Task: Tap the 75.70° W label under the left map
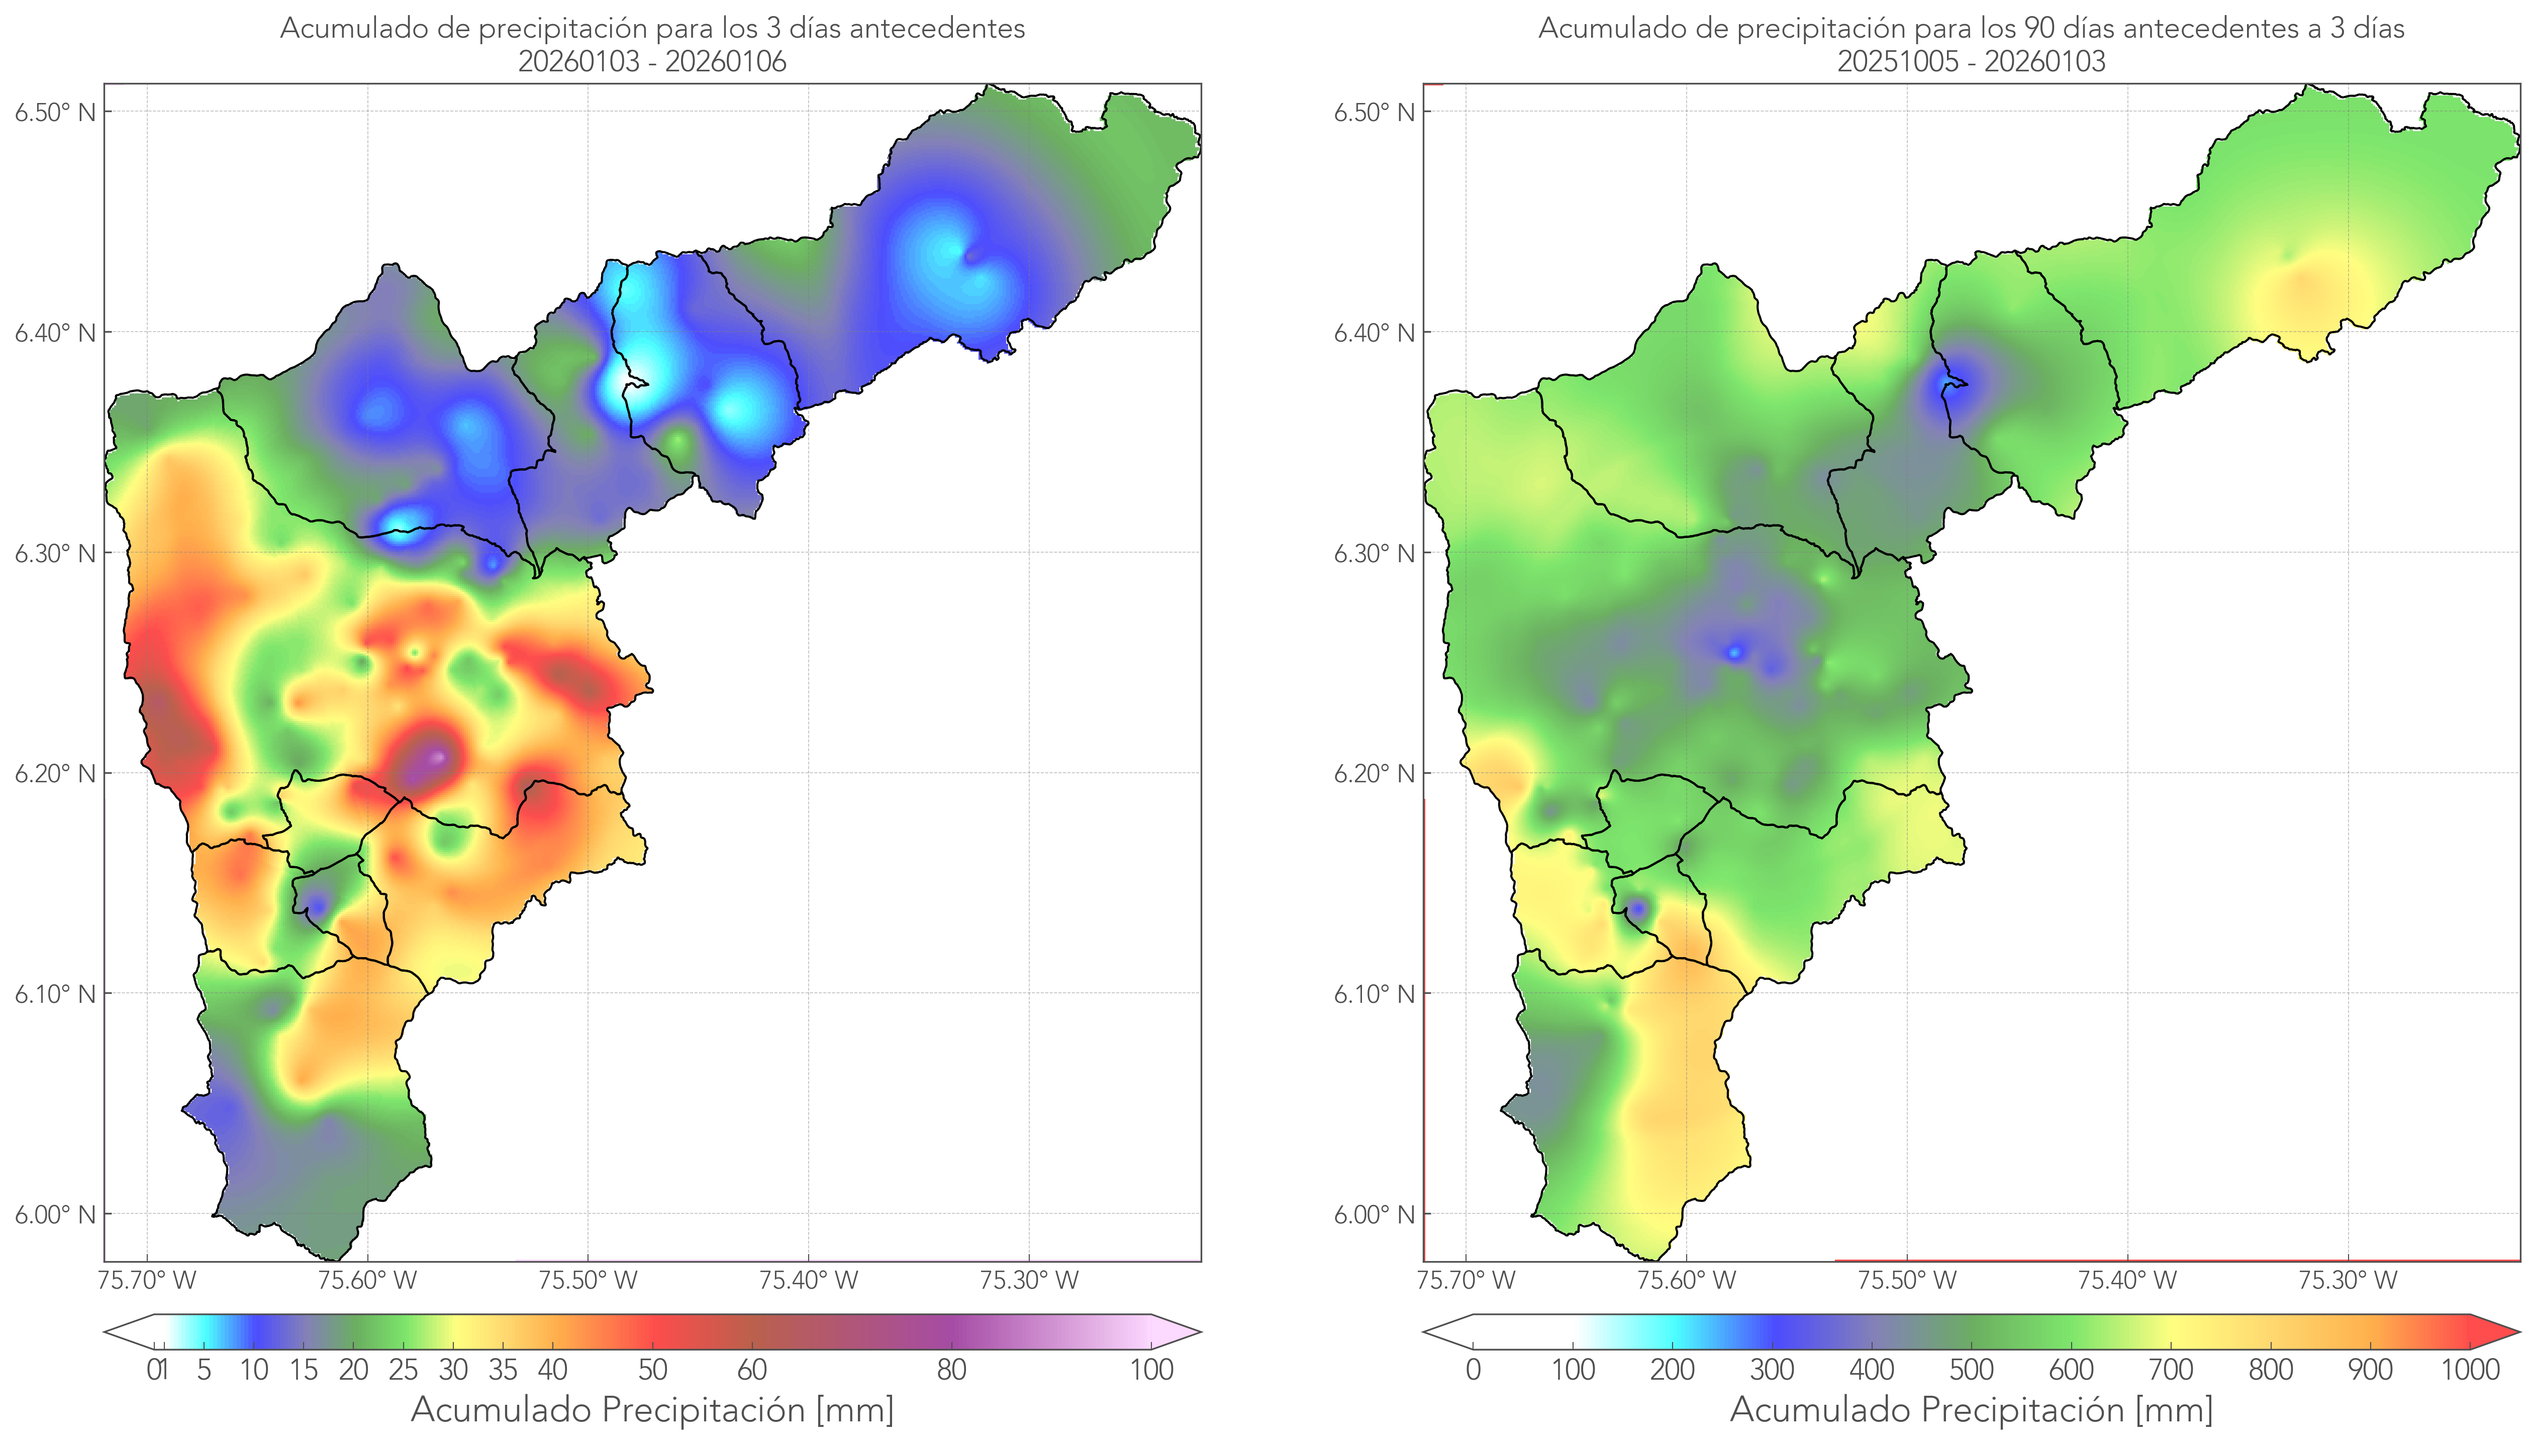point(147,1280)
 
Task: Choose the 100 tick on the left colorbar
point(1151,1370)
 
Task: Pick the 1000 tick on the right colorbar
point(2470,1370)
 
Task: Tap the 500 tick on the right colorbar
point(1971,1370)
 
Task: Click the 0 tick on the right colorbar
point(1473,1370)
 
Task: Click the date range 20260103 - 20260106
point(652,61)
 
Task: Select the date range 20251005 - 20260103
point(1971,61)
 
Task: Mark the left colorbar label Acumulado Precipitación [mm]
point(652,1409)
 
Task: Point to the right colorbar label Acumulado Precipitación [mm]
point(1971,1409)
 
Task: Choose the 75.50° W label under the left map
point(588,1280)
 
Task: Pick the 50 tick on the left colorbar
point(652,1370)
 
